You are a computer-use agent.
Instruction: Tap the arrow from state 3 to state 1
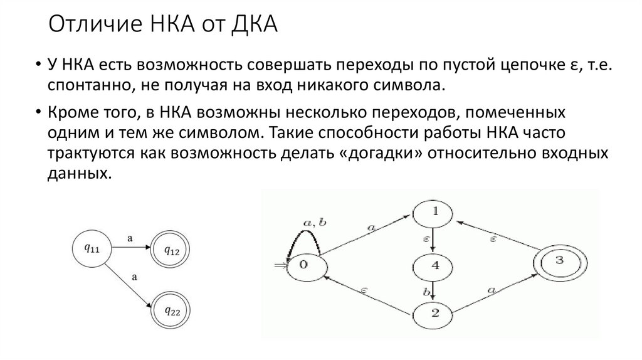(x=495, y=238)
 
